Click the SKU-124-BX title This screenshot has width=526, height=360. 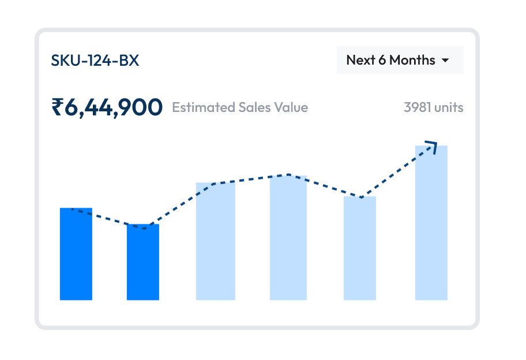coord(95,60)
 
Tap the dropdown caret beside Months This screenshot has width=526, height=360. coord(445,61)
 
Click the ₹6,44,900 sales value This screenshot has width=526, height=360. coord(107,107)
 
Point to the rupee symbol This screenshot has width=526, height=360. coord(57,107)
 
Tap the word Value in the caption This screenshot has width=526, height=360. coord(292,107)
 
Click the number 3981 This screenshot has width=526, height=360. coord(418,107)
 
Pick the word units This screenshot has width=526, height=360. coord(449,107)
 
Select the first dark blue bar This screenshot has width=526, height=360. coord(76,254)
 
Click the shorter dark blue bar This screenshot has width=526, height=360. coord(143,262)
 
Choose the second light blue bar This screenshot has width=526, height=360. coord(288,238)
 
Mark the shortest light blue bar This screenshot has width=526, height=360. coord(360,248)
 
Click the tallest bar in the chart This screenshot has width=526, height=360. coord(431,223)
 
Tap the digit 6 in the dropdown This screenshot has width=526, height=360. coord(382,60)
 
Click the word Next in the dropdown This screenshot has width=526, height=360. coord(360,60)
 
